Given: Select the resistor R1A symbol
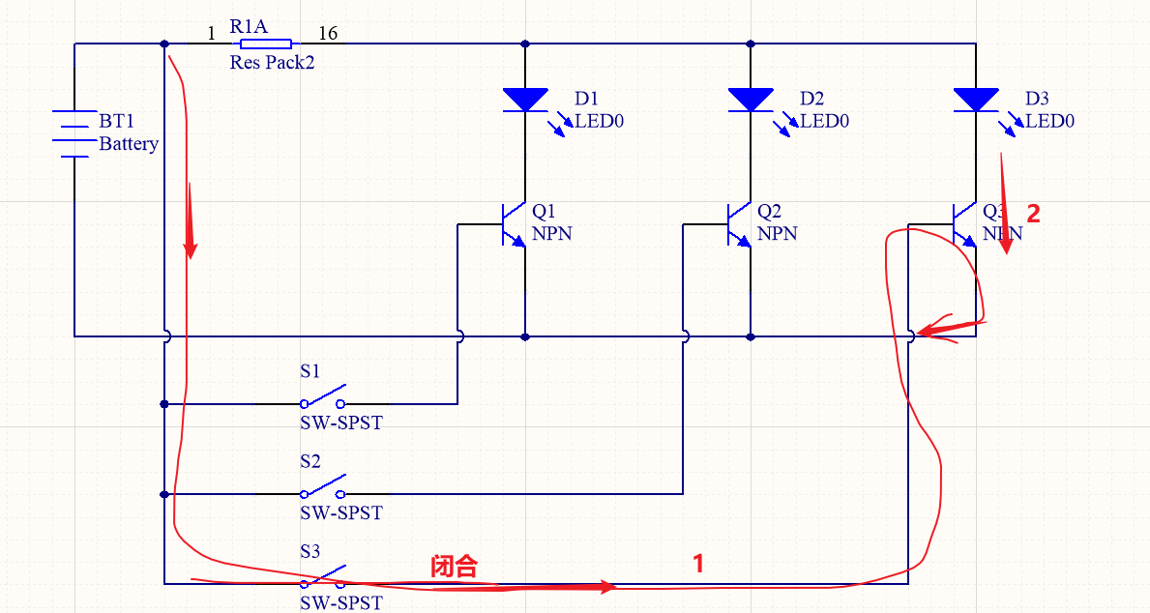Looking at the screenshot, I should point(265,44).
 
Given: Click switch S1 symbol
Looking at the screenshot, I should point(323,399).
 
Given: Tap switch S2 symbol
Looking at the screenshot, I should point(323,489).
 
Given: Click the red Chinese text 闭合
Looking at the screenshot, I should point(454,567).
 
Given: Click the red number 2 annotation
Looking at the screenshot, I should point(1033,215).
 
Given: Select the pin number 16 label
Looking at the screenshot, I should point(328,34).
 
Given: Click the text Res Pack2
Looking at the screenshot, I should point(272,63).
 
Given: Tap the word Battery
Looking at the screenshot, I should point(129,144).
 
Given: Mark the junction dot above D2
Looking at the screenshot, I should point(751,44).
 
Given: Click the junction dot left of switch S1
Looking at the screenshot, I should point(164,404).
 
